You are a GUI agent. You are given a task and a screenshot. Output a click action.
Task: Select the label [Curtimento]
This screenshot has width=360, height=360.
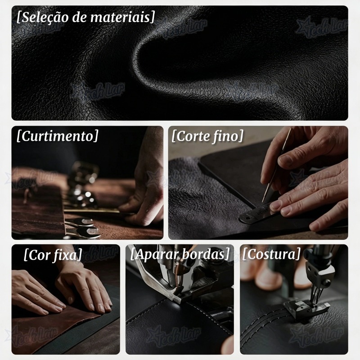[x=58, y=136]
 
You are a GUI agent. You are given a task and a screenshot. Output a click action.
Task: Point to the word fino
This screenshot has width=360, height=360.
[x=227, y=136]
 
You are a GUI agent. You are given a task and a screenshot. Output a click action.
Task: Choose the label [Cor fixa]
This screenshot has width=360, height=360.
[x=53, y=255]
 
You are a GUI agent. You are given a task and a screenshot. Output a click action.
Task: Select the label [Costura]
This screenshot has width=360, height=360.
[x=271, y=254]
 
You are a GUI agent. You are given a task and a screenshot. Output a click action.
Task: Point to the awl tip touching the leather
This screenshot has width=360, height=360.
[x=263, y=202]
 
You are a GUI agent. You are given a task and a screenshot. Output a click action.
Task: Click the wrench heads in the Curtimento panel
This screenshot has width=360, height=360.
[x=83, y=227]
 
